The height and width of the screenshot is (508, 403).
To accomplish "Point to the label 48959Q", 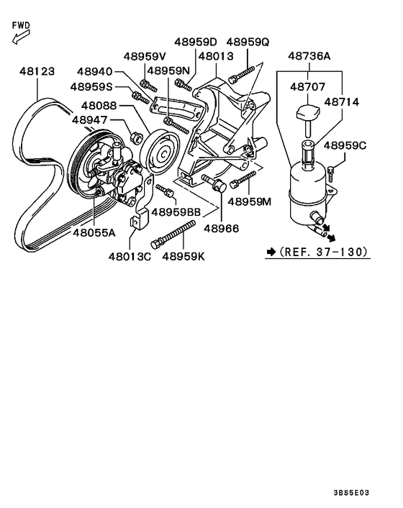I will click(x=247, y=42).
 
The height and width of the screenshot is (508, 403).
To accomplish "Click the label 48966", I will click(x=223, y=227).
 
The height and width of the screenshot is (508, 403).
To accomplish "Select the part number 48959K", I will click(x=184, y=255).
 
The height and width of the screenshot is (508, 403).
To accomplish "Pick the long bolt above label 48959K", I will click(x=174, y=235).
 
